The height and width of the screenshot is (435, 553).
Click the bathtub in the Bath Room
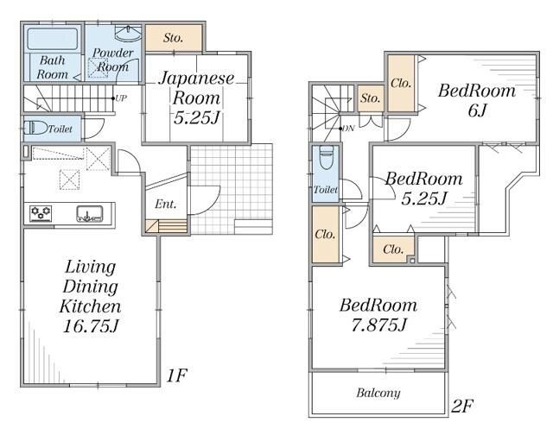coord(52,38)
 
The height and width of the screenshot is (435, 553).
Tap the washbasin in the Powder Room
coord(129,34)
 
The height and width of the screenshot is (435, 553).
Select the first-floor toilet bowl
coord(35,128)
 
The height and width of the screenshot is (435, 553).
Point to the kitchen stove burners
coord(41,213)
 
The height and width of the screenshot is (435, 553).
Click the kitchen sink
coord(90,214)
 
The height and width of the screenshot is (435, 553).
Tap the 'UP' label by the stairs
coord(121,98)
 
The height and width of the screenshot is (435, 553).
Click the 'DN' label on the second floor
coord(348,129)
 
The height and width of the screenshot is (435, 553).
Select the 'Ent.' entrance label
coord(165,204)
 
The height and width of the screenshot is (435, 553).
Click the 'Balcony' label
coord(378,393)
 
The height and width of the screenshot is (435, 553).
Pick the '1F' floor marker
coord(176,375)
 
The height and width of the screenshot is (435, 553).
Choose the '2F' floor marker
coord(462,407)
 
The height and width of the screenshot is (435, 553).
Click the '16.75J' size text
coord(90,326)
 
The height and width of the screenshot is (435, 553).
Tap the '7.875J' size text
coord(378,325)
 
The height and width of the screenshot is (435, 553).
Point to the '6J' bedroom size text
coord(477,110)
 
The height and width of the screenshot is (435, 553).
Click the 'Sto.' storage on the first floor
coord(173,38)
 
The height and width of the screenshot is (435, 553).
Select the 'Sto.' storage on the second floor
coord(371,98)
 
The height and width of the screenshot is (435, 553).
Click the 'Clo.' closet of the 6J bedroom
coord(401,84)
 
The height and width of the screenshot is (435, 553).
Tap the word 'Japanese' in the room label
coord(196,79)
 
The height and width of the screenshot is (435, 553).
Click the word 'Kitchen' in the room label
coord(90,306)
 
